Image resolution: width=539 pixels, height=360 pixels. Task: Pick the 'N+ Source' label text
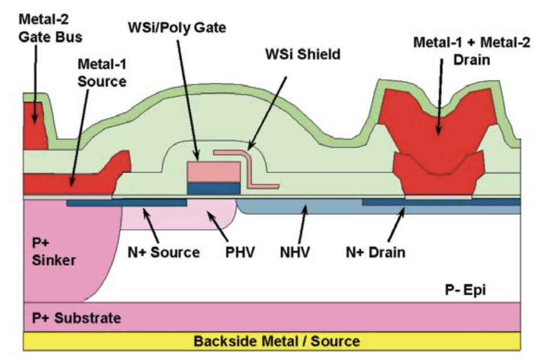pyautogui.click(x=164, y=252)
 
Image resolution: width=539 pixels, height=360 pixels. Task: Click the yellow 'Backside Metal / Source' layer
pyautogui.click(x=272, y=341)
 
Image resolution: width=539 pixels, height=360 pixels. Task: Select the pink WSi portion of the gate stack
pyautogui.click(x=213, y=172)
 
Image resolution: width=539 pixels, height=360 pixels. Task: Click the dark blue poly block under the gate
pyautogui.click(x=213, y=188)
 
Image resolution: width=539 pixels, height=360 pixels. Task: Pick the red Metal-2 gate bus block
pyautogui.click(x=35, y=124)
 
